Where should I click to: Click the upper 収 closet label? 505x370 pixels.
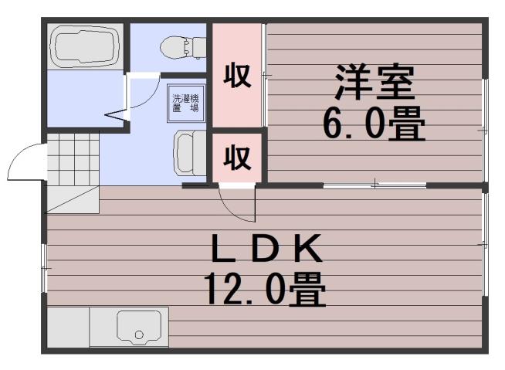tap(238, 76)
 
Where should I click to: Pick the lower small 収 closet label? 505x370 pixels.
tap(238, 158)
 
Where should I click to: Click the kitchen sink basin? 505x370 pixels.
tap(142, 326)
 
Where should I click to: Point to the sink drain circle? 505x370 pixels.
tap(139, 335)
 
